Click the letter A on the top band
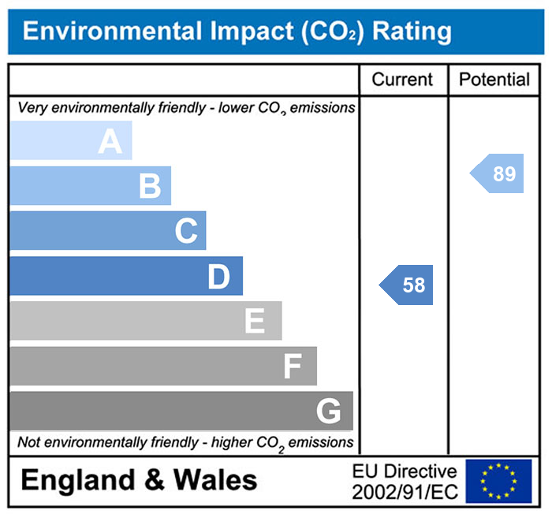tap(110, 142)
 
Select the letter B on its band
tap(150, 187)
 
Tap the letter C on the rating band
tap(186, 232)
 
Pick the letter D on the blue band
tap(218, 277)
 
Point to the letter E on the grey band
tap(254, 322)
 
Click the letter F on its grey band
tap(292, 367)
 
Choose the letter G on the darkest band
tap(328, 411)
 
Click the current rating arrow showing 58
tap(408, 285)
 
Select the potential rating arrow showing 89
tap(499, 173)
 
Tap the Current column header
tap(402, 80)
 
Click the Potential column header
tap(494, 80)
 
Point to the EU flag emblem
tap(498, 481)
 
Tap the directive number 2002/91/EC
tap(405, 492)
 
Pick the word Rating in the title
tap(412, 32)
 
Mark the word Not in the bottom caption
tap(29, 442)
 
